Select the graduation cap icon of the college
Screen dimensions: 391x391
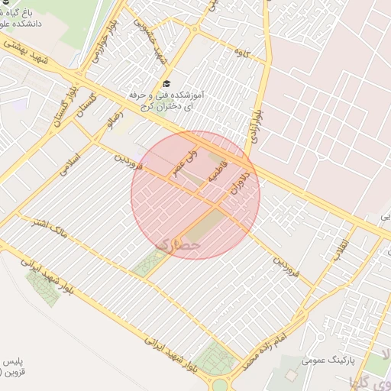166,83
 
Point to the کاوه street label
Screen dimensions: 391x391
243,53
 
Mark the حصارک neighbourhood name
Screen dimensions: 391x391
177,244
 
